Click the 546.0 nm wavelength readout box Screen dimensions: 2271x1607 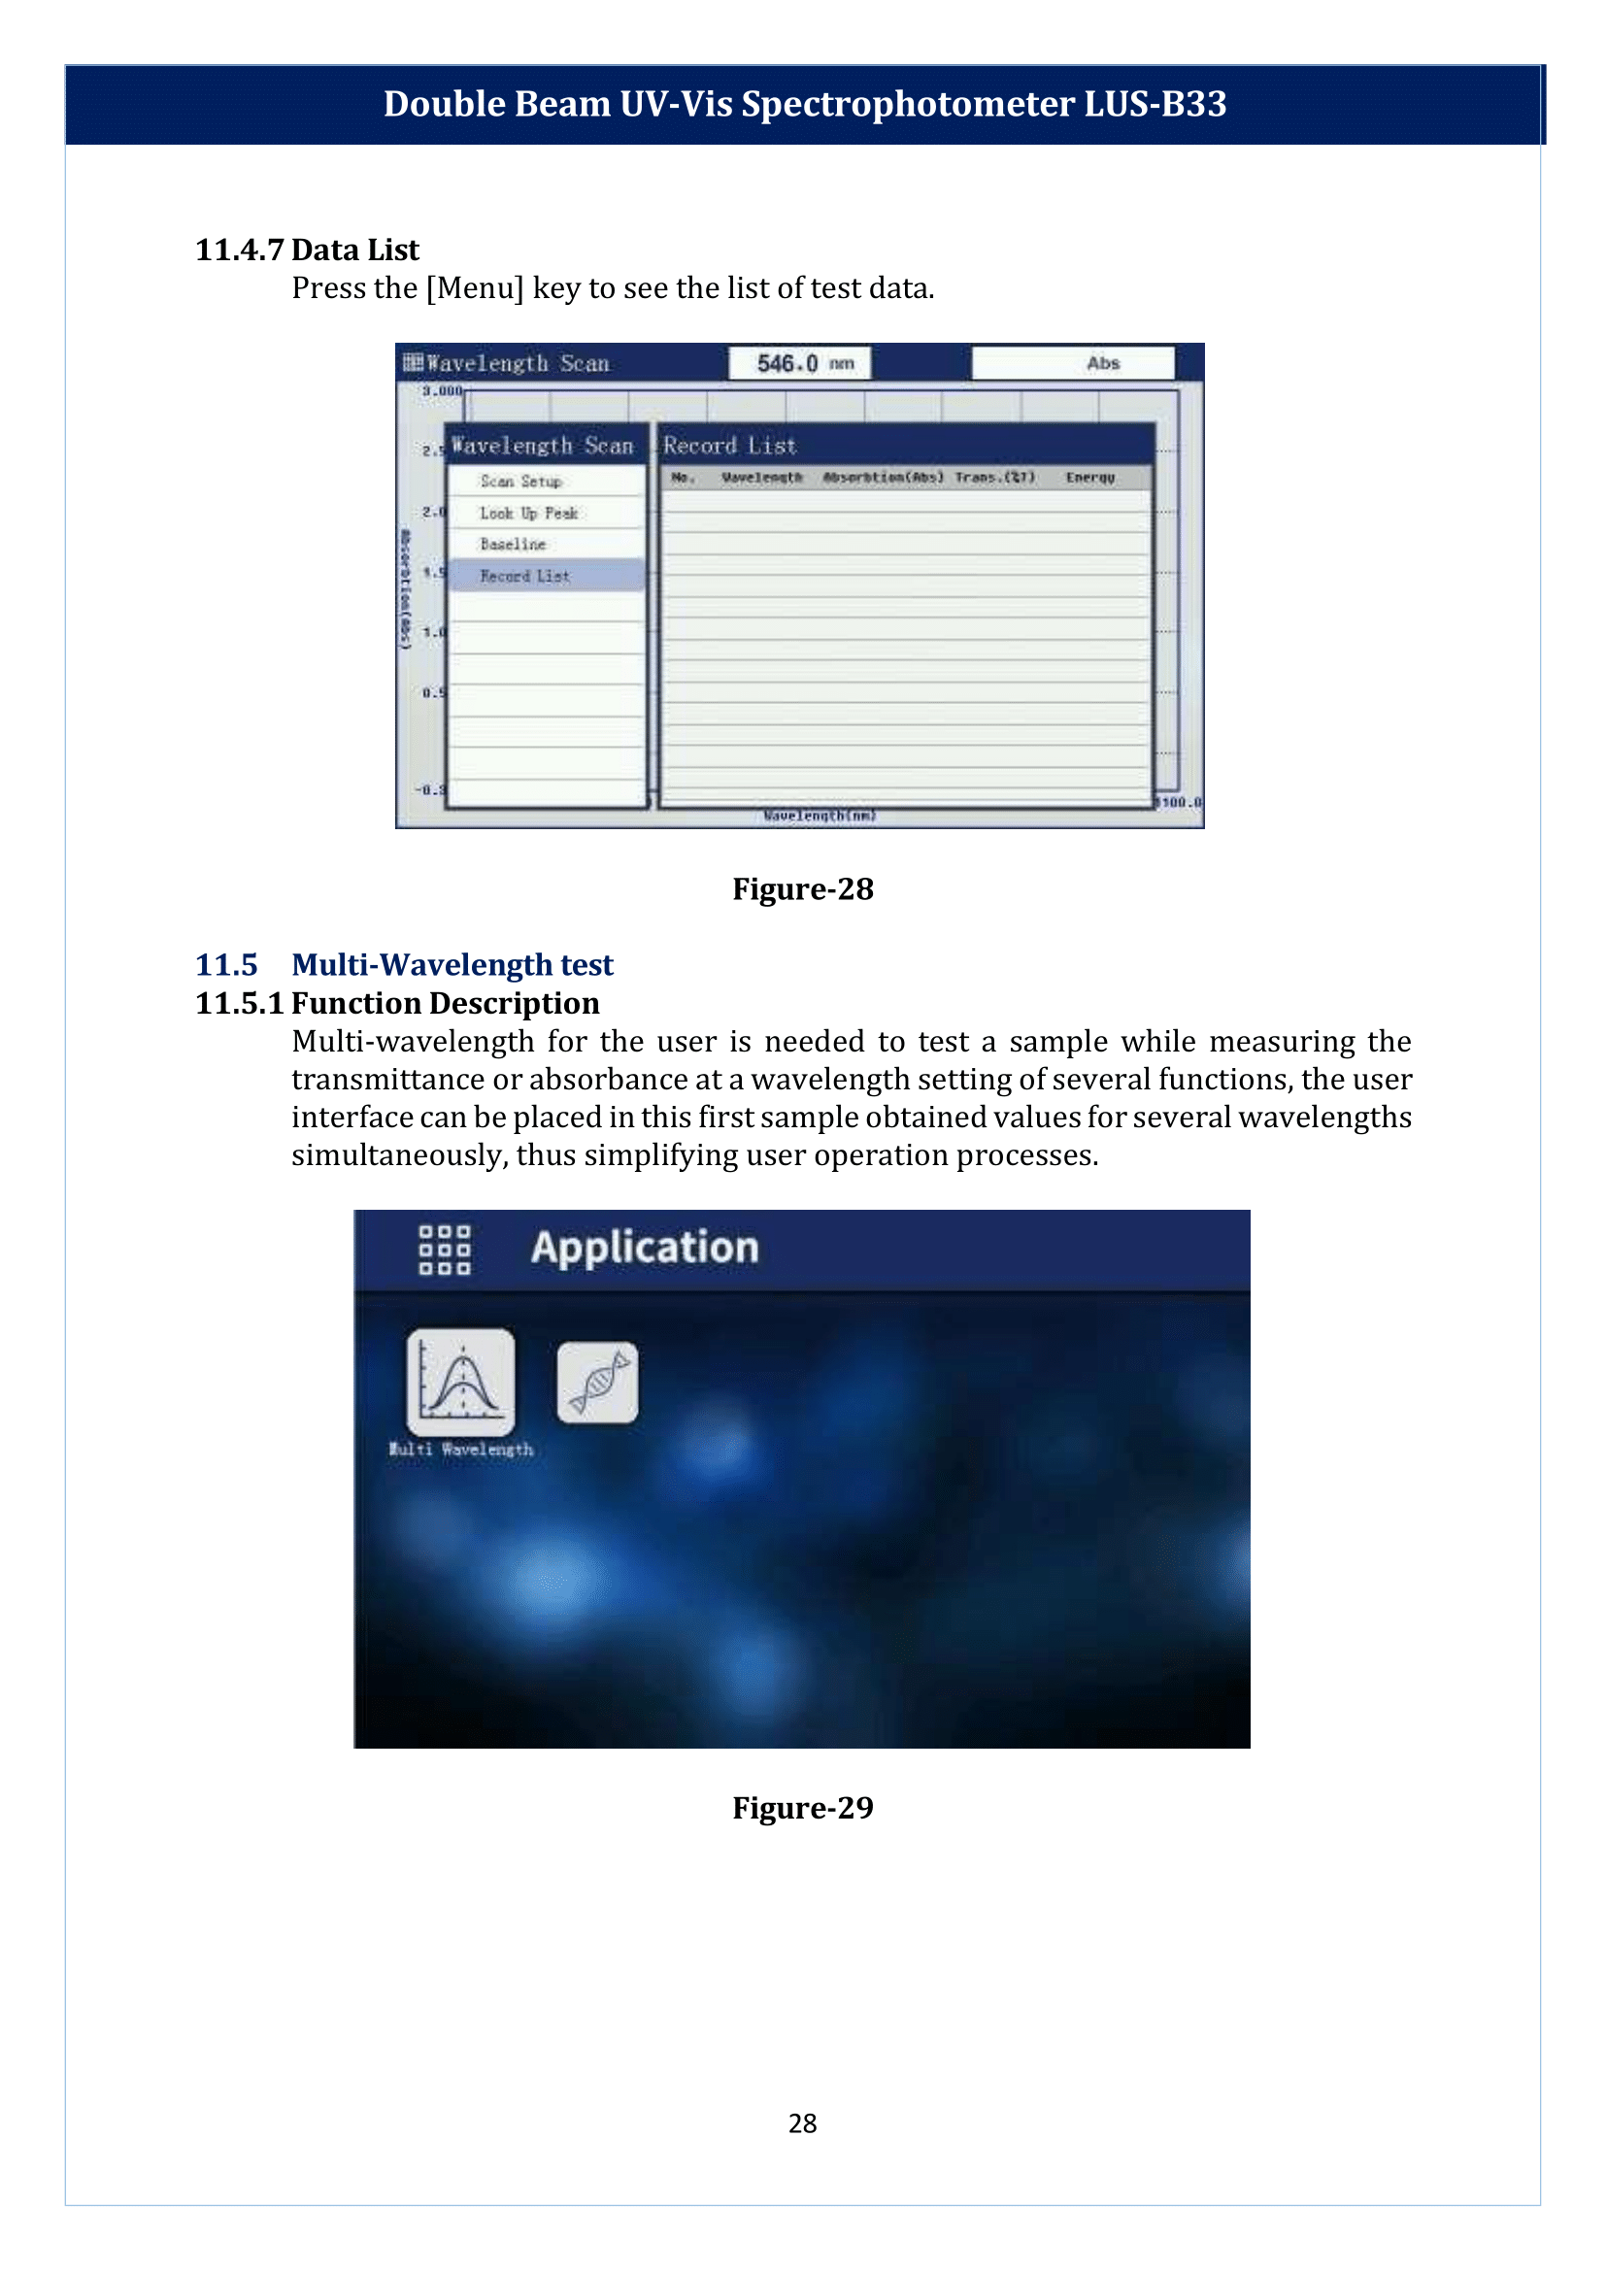(799, 363)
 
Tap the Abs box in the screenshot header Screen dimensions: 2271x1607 (1073, 363)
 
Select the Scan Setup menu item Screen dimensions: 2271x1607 (521, 481)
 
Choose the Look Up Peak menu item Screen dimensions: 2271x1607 (528, 513)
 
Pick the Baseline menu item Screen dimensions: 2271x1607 (513, 545)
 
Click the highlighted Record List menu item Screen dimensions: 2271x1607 (525, 576)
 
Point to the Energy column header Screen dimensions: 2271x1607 (1089, 478)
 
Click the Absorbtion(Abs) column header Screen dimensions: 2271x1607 (883, 478)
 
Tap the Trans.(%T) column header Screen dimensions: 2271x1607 (994, 478)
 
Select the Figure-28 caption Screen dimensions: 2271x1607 (802, 888)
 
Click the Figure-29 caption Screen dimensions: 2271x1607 (802, 1808)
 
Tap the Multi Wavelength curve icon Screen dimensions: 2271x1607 (461, 1383)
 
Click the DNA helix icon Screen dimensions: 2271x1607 (598, 1383)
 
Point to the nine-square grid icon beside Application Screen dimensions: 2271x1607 (445, 1250)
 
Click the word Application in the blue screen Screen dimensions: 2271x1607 (645, 1248)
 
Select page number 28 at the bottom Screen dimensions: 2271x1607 (802, 2123)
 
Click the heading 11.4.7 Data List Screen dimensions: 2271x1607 (307, 250)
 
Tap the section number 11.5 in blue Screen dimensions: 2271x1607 (226, 965)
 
